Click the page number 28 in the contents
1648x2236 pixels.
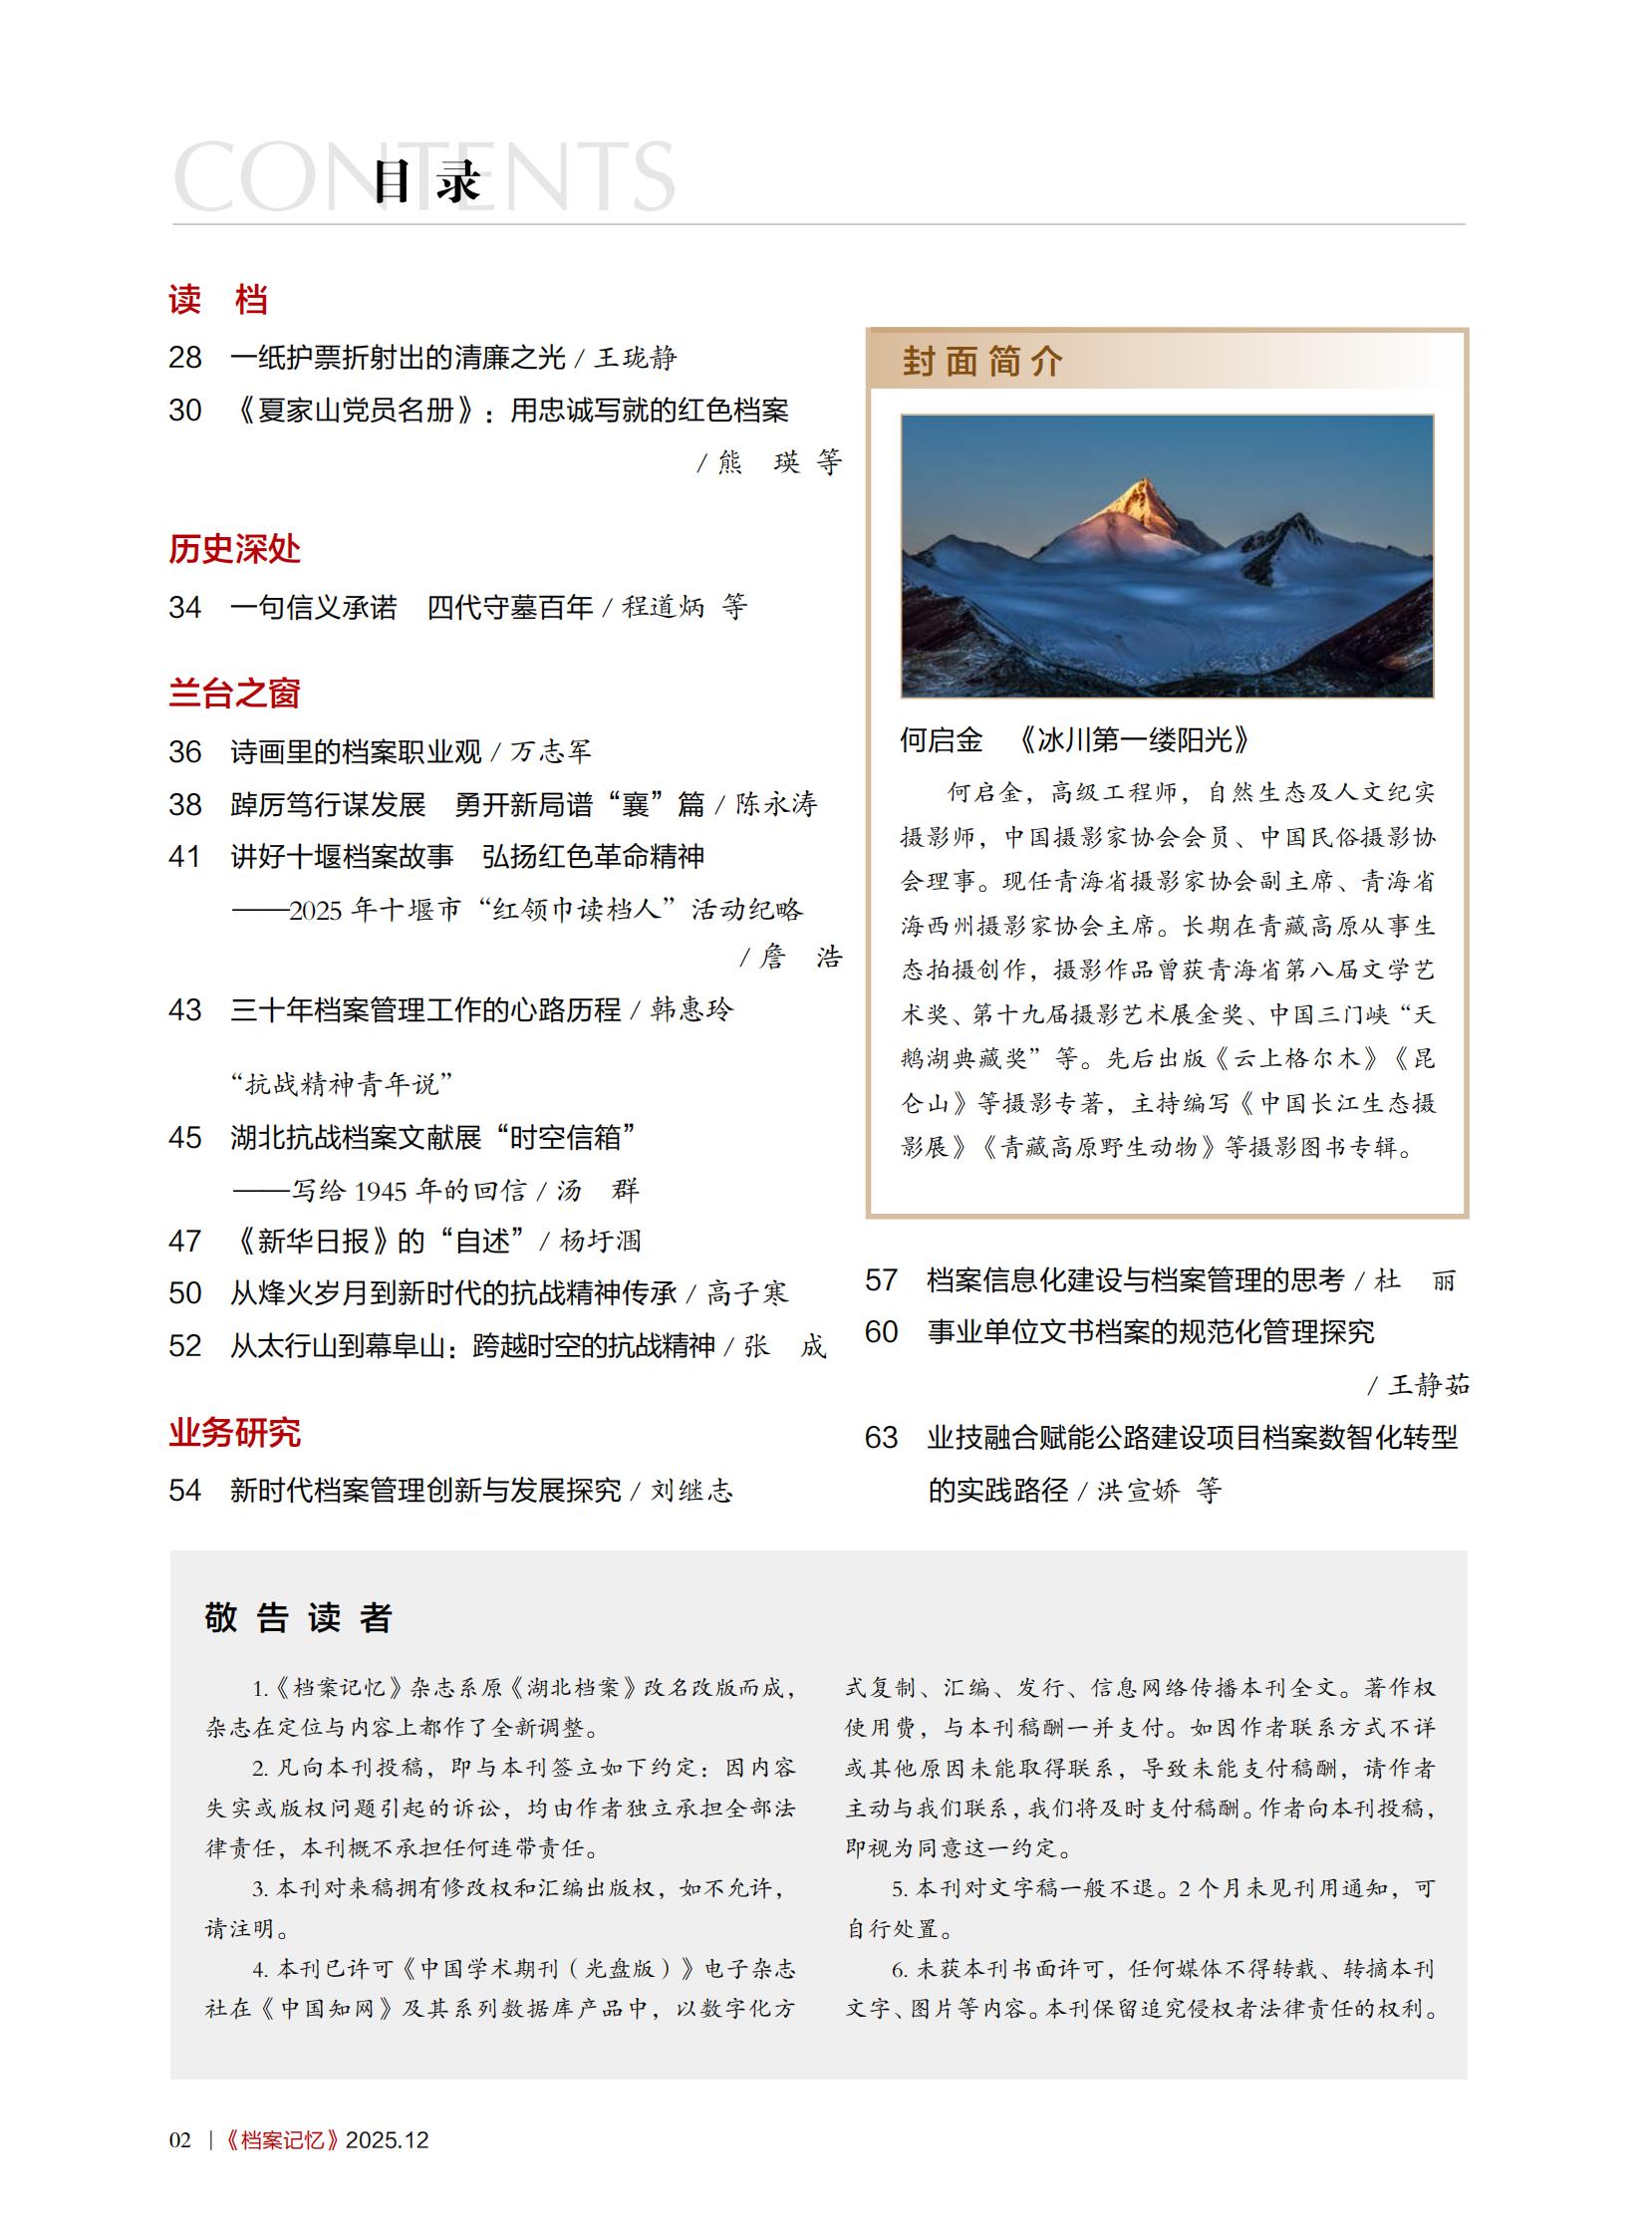tap(184, 357)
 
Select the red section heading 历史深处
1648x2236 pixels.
tap(234, 549)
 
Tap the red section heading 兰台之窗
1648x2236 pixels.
tap(234, 694)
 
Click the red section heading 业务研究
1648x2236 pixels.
tap(234, 1433)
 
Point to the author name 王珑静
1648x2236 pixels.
tap(636, 357)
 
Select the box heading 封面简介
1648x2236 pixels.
tap(982, 361)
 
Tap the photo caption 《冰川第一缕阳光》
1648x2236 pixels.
tap(1132, 740)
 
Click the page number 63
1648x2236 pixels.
tap(881, 1437)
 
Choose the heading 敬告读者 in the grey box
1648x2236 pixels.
tap(298, 1617)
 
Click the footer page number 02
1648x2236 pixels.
tap(179, 2139)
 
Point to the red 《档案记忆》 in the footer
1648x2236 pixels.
tap(281, 2139)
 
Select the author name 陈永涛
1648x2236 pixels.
tap(776, 804)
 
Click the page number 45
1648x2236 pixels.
tap(184, 1138)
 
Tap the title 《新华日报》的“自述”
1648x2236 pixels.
tap(379, 1241)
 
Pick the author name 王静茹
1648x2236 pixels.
tap(1429, 1385)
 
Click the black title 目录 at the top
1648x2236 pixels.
tap(427, 181)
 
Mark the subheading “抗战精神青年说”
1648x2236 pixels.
tap(341, 1083)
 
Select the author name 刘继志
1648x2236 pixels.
tap(691, 1491)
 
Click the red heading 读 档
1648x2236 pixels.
tap(217, 299)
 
